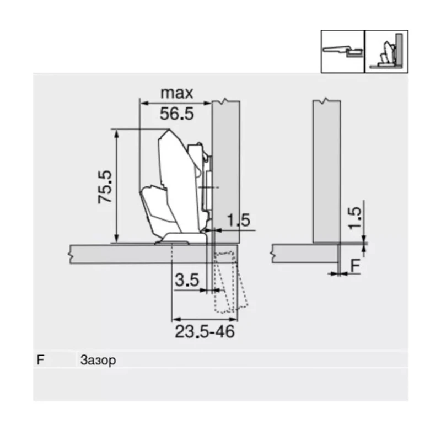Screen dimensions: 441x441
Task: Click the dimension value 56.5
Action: click(x=176, y=114)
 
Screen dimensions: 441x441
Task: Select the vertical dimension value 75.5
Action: click(x=105, y=186)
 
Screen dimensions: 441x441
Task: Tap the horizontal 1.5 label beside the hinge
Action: click(x=238, y=220)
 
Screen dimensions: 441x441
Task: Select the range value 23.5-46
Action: click(x=205, y=332)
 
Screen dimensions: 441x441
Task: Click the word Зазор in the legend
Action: click(x=98, y=361)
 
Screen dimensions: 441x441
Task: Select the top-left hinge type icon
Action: click(x=343, y=51)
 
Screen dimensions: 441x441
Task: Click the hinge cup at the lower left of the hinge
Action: click(x=157, y=207)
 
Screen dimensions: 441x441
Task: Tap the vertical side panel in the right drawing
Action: click(x=326, y=171)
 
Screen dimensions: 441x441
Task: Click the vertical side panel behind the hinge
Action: click(x=226, y=165)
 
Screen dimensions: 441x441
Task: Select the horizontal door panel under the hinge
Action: click(x=132, y=254)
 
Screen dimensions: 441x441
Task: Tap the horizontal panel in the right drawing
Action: click(x=303, y=254)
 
